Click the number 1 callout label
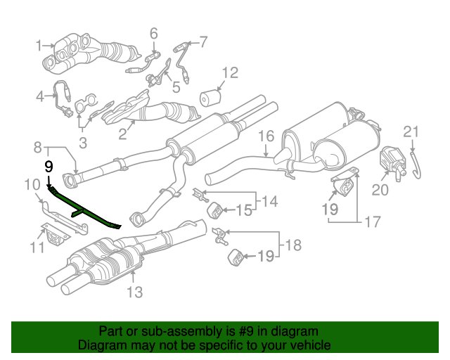pyautogui.click(x=39, y=46)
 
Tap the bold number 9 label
pyautogui.click(x=49, y=167)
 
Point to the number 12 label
pyautogui.click(x=230, y=72)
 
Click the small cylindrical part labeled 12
pyautogui.click(x=208, y=99)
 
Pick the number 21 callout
pyautogui.click(x=411, y=131)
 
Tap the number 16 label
pyautogui.click(x=265, y=136)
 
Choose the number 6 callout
pyautogui.click(x=153, y=32)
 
